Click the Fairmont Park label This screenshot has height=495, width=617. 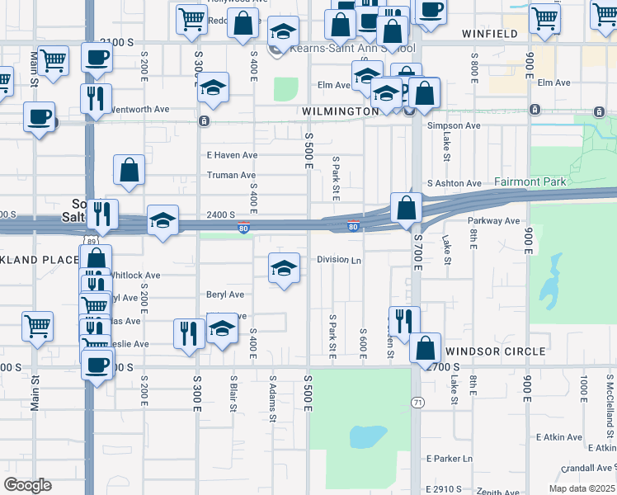(x=530, y=181)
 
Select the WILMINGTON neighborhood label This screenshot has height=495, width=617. (x=340, y=111)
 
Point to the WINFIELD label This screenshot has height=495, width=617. (x=490, y=34)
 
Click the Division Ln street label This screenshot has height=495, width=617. (x=339, y=259)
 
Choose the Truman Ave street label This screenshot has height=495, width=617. (x=231, y=175)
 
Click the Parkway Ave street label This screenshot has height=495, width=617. (x=493, y=221)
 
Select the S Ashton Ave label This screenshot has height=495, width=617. (x=454, y=183)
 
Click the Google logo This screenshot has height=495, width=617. (x=27, y=484)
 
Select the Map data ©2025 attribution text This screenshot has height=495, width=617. (x=582, y=488)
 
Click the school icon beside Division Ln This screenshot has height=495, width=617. (x=284, y=268)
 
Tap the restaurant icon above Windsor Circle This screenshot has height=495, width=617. (x=404, y=322)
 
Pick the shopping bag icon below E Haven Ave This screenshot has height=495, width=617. (x=130, y=171)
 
